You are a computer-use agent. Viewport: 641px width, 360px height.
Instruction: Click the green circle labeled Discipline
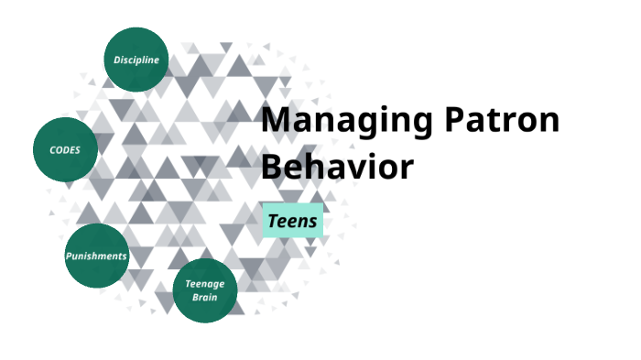coord(136,60)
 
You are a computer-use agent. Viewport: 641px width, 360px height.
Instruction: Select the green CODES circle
coord(65,148)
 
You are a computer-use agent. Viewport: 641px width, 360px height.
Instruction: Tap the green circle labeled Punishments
coord(96,256)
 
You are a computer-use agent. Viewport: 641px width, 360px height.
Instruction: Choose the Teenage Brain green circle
coord(205,290)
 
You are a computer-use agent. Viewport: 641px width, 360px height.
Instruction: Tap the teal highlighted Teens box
coord(293,221)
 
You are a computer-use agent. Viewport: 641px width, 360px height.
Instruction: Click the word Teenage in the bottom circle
coord(205,284)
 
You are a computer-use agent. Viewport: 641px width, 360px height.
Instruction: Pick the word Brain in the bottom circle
coord(205,297)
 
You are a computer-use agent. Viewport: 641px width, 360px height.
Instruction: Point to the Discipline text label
coord(136,60)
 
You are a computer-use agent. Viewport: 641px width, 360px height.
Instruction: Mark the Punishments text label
coord(96,256)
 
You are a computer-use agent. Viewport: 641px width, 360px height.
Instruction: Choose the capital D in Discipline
coord(117,60)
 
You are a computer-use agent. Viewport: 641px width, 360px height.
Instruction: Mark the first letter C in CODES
coord(52,148)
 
